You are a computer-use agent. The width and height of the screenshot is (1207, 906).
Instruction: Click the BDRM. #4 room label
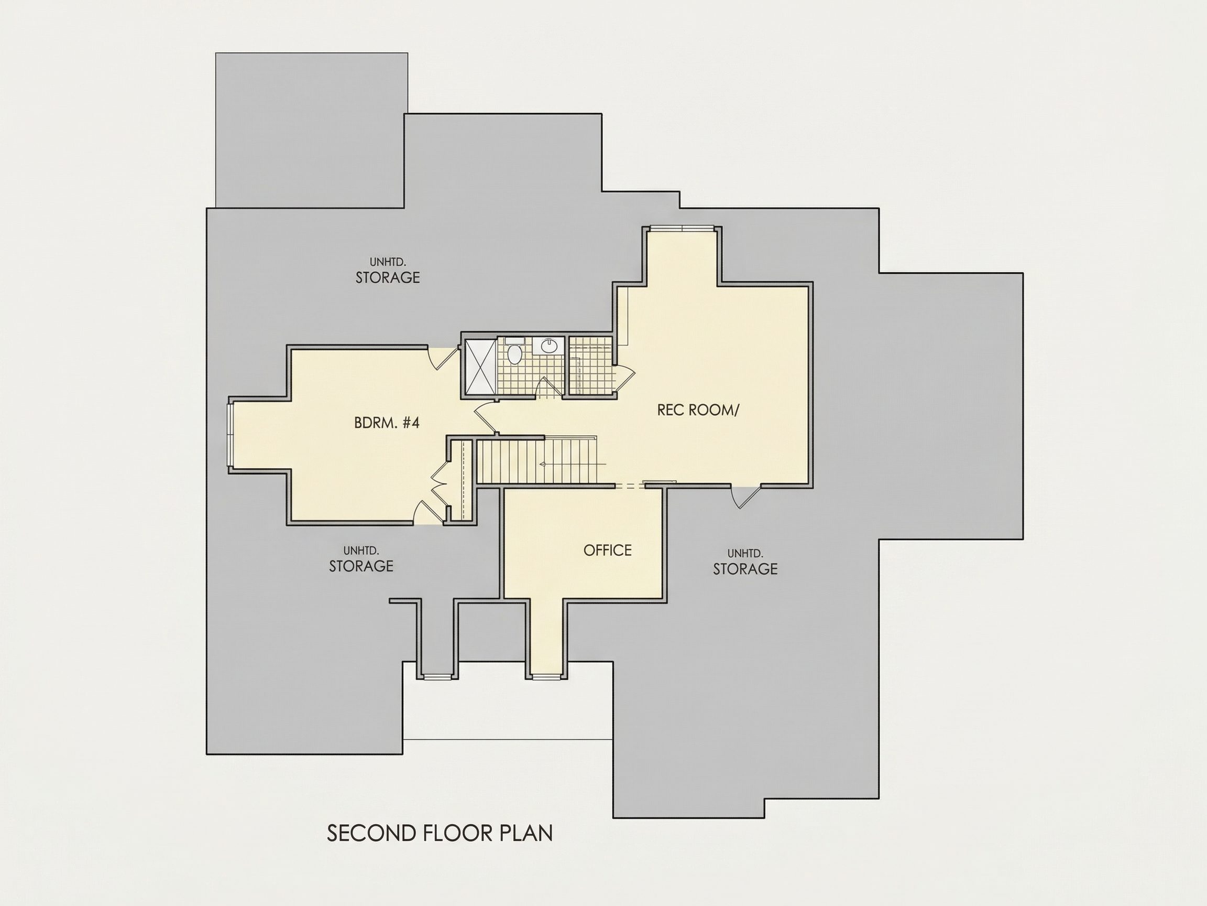(386, 423)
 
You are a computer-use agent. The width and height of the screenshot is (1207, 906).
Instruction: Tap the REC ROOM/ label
(697, 410)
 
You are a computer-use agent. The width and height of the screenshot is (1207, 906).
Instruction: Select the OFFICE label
(607, 550)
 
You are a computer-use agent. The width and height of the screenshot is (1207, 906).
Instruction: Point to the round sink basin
(548, 346)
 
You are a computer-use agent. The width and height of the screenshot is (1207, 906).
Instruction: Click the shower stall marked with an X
(481, 366)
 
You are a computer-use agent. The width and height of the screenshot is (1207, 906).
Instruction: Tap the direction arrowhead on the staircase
(542, 463)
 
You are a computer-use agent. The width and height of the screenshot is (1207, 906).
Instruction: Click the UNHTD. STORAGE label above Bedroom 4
(388, 271)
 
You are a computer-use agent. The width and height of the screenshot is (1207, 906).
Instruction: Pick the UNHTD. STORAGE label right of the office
(745, 563)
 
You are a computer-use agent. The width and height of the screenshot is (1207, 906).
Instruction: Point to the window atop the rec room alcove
(682, 228)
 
